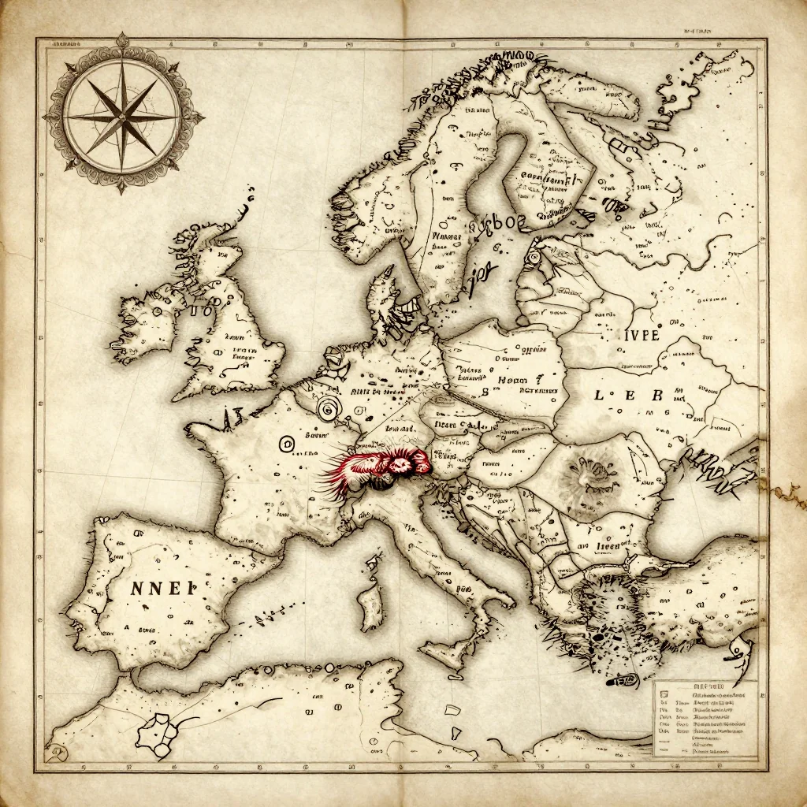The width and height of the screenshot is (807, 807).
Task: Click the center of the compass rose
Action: [122, 115]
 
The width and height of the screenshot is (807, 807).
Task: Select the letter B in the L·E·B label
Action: [656, 395]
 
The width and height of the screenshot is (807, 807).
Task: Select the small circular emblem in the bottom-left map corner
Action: [56, 754]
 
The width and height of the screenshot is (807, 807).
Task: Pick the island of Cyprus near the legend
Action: [628, 679]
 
